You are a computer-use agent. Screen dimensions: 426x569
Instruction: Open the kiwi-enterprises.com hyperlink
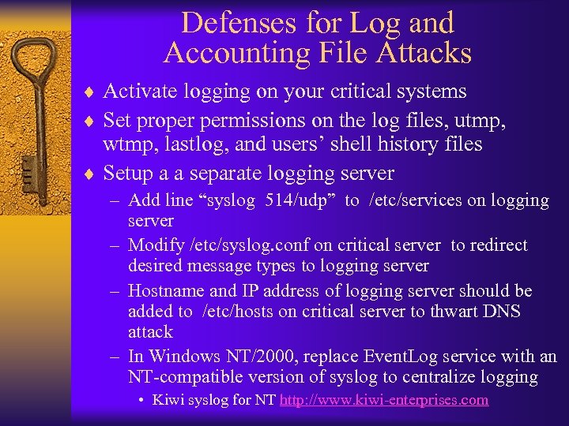[384, 400]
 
